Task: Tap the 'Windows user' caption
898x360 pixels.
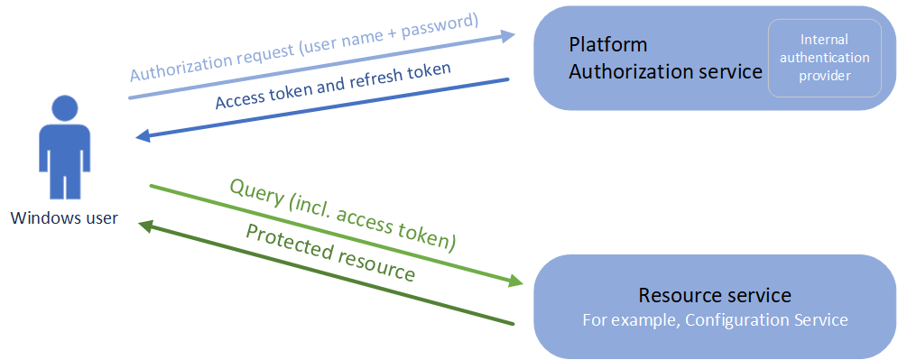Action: pyautogui.click(x=64, y=217)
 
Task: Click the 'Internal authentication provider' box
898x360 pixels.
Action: pyautogui.click(x=823, y=59)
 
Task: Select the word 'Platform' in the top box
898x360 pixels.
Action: pyautogui.click(x=607, y=45)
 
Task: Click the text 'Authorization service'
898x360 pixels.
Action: pyautogui.click(x=665, y=71)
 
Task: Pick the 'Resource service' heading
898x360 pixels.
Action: pyautogui.click(x=715, y=295)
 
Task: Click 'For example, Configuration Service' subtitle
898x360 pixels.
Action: pyautogui.click(x=715, y=318)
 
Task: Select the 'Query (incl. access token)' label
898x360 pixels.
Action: pyautogui.click(x=343, y=215)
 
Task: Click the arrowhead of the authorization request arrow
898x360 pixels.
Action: pyautogui.click(x=507, y=35)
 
